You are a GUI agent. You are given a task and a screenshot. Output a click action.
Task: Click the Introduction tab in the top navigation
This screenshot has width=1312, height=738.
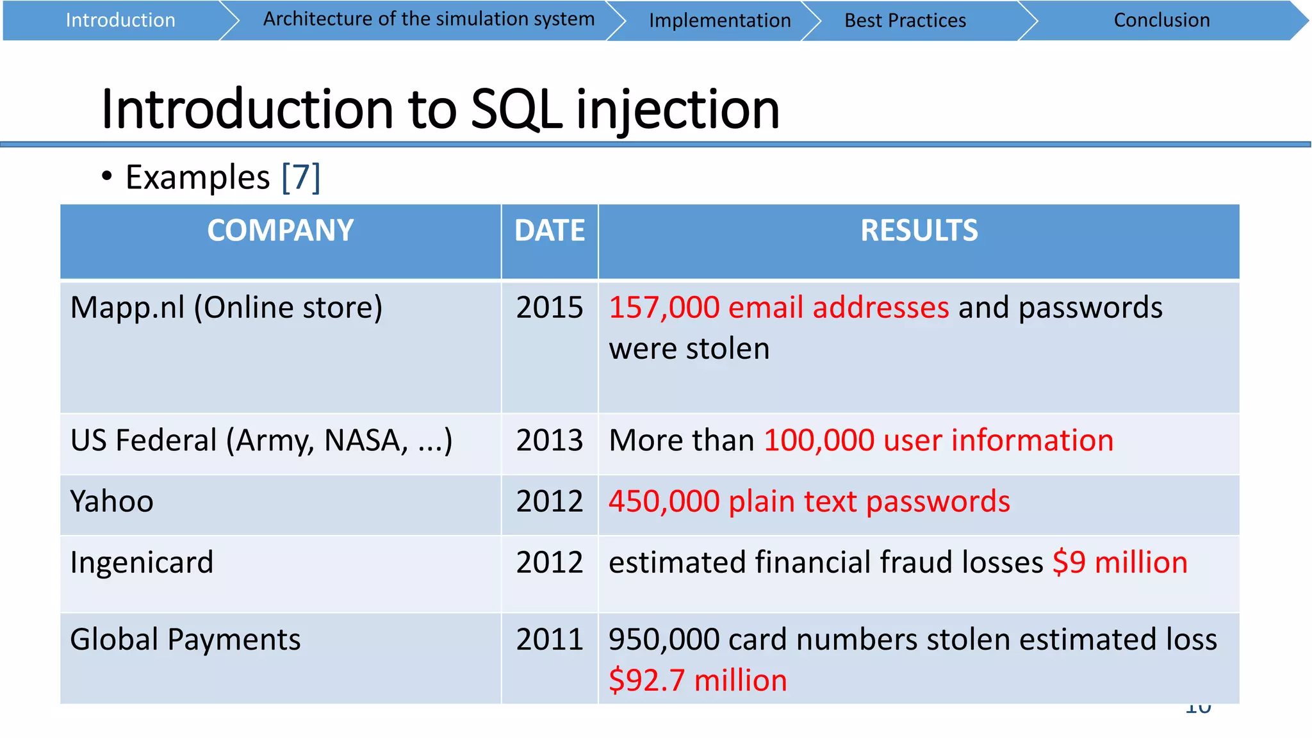click(x=120, y=20)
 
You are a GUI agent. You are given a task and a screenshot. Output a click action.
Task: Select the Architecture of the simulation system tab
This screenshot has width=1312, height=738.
click(x=429, y=19)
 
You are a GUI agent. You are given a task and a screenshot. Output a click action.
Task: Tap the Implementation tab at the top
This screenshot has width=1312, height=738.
click(x=719, y=20)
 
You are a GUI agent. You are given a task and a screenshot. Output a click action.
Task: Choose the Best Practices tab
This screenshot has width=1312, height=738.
click(x=905, y=20)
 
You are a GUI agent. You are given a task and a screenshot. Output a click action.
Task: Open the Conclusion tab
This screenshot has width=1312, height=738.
click(x=1161, y=20)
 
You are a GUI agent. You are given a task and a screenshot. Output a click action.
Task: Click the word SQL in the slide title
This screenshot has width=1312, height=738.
click(x=516, y=109)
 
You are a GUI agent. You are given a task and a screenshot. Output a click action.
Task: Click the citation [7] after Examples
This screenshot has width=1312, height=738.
click(x=300, y=177)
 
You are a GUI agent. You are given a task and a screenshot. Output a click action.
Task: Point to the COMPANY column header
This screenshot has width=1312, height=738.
click(x=280, y=231)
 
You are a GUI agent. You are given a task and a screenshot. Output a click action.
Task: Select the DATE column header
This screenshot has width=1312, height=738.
click(x=550, y=231)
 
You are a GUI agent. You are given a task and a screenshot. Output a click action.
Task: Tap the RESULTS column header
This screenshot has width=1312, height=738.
click(x=919, y=231)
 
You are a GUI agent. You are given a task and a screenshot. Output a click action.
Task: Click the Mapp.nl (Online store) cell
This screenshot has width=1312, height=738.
click(x=226, y=307)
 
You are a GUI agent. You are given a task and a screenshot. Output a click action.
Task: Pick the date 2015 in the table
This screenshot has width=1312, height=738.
click(x=550, y=307)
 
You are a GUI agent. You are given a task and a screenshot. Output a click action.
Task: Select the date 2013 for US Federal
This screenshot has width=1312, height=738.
click(x=550, y=441)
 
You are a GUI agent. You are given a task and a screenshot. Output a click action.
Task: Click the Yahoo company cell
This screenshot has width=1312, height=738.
click(x=112, y=502)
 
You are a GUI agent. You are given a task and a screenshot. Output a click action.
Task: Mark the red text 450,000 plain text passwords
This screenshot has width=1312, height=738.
click(x=809, y=502)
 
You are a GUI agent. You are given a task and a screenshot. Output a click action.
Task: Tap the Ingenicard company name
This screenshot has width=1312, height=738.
click(x=142, y=562)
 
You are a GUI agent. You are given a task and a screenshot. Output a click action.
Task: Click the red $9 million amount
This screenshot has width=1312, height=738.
click(x=1120, y=562)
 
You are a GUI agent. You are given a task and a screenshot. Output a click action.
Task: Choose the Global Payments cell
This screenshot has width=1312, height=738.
click(x=185, y=639)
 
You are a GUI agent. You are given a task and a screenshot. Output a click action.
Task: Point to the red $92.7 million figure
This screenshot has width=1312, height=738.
click(x=698, y=680)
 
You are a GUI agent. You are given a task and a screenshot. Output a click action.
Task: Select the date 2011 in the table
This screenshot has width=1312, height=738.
click(x=550, y=639)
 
